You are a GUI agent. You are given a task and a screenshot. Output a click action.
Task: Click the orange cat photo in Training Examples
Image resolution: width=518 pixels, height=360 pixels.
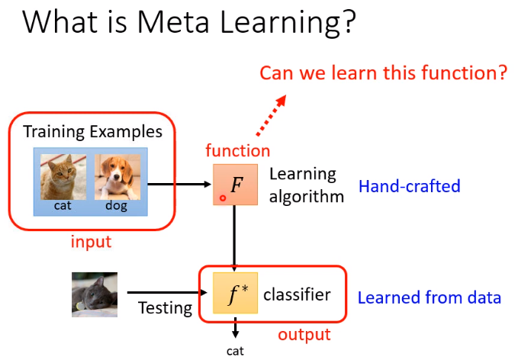click(x=65, y=177)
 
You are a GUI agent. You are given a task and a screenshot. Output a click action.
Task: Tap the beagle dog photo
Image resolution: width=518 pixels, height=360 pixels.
click(x=117, y=177)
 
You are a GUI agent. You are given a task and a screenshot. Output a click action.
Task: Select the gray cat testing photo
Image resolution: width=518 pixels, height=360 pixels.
click(x=95, y=294)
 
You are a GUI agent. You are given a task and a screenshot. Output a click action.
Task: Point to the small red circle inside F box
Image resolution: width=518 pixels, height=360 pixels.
click(x=222, y=198)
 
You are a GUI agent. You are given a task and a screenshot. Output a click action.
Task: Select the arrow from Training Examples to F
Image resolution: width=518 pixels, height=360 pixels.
click(x=179, y=185)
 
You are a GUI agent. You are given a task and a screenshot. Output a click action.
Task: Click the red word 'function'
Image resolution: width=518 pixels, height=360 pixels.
click(x=238, y=150)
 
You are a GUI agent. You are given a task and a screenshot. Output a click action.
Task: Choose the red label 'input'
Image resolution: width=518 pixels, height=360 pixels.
click(x=92, y=242)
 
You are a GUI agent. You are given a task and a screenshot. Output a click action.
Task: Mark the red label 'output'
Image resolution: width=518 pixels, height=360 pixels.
click(x=304, y=334)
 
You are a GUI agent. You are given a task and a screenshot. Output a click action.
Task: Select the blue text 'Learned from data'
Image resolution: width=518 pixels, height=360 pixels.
click(x=430, y=297)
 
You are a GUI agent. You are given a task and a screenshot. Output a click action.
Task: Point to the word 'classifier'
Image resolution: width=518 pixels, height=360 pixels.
click(x=297, y=294)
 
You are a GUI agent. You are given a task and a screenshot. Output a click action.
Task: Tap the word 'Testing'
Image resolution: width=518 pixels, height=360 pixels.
click(x=165, y=309)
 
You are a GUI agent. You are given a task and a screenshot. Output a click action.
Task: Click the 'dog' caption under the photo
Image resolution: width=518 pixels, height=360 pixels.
click(x=117, y=205)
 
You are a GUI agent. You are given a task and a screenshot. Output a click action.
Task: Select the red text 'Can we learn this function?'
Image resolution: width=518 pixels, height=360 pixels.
click(x=384, y=73)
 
